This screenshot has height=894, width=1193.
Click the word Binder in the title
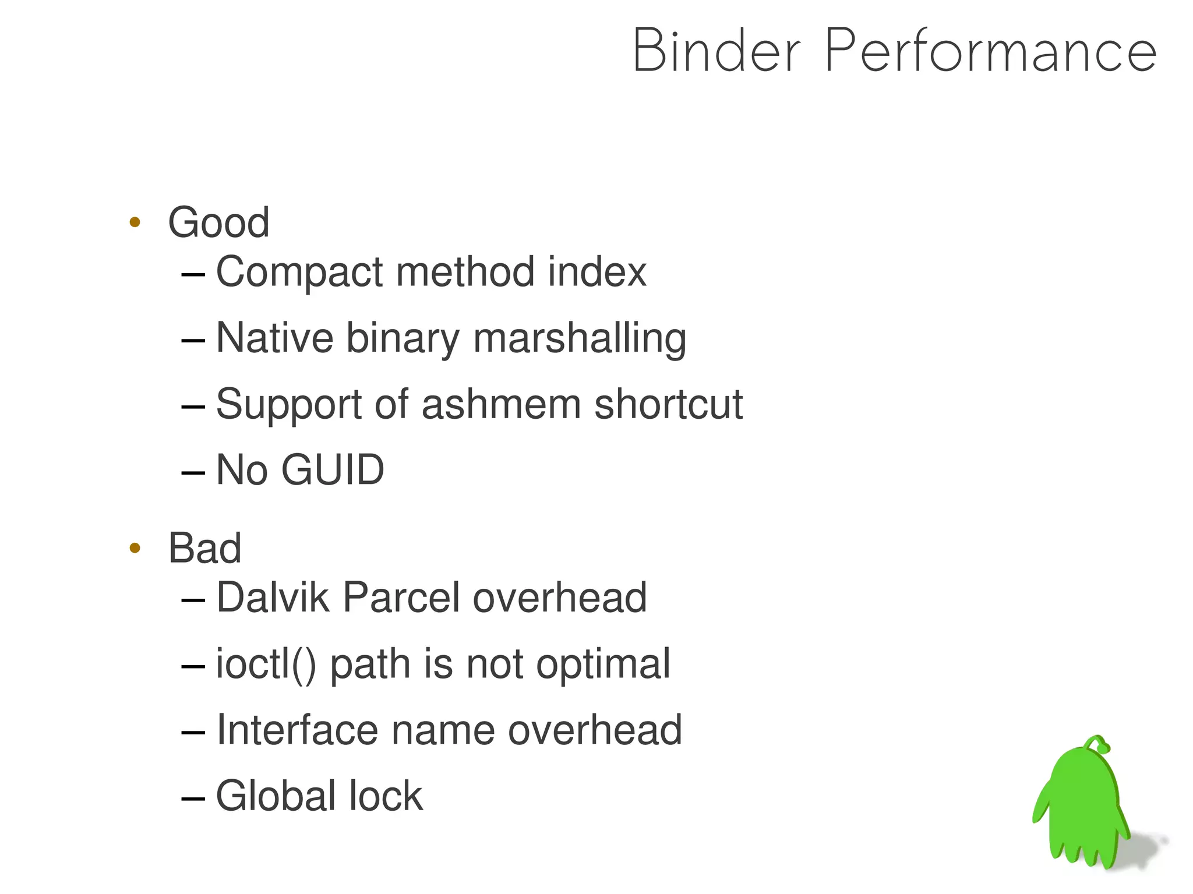716,51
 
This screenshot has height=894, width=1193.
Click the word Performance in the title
990,51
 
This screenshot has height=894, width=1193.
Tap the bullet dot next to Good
135,222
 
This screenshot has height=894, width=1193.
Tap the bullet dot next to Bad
135,548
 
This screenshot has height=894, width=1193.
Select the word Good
218,222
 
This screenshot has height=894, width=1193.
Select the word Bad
204,548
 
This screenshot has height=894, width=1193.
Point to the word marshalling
580,338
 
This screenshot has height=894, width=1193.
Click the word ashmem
501,404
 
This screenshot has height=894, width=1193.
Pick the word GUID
333,469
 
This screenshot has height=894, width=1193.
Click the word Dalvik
272,598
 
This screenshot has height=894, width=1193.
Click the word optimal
603,664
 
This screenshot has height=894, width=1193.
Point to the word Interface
297,730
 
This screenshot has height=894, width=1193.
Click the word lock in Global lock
386,796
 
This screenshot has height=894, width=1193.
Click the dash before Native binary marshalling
193,340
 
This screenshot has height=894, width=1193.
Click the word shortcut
668,404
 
